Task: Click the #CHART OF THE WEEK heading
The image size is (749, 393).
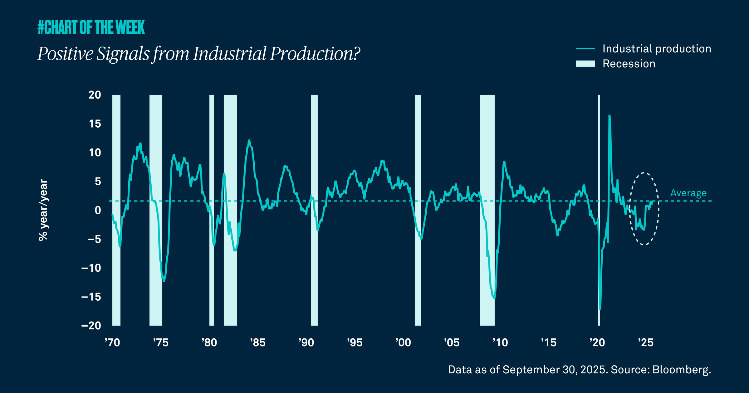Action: pyautogui.click(x=91, y=27)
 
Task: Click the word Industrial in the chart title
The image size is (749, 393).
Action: pyautogui.click(x=229, y=54)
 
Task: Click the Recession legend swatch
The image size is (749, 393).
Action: pyautogui.click(x=585, y=64)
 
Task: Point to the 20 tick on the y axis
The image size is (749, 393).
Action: pyautogui.click(x=95, y=95)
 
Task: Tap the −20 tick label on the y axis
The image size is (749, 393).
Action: pyautogui.click(x=91, y=326)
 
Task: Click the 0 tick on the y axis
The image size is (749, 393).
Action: pyautogui.click(x=98, y=210)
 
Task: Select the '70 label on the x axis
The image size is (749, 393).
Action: pyautogui.click(x=112, y=342)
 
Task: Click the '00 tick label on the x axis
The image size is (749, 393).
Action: pyautogui.click(x=403, y=342)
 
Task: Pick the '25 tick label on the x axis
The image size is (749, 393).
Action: pyautogui.click(x=646, y=342)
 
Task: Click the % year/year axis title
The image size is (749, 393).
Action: pyautogui.click(x=43, y=210)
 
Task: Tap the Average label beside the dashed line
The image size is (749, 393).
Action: pyautogui.click(x=688, y=193)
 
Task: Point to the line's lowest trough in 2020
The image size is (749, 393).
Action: pyautogui.click(x=600, y=309)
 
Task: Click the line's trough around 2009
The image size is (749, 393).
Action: pyautogui.click(x=494, y=298)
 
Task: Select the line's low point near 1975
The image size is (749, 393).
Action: pyautogui.click(x=164, y=281)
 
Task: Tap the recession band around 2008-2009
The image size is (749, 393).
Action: pyautogui.click(x=487, y=156)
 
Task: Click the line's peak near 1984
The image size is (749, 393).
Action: pyautogui.click(x=249, y=141)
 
